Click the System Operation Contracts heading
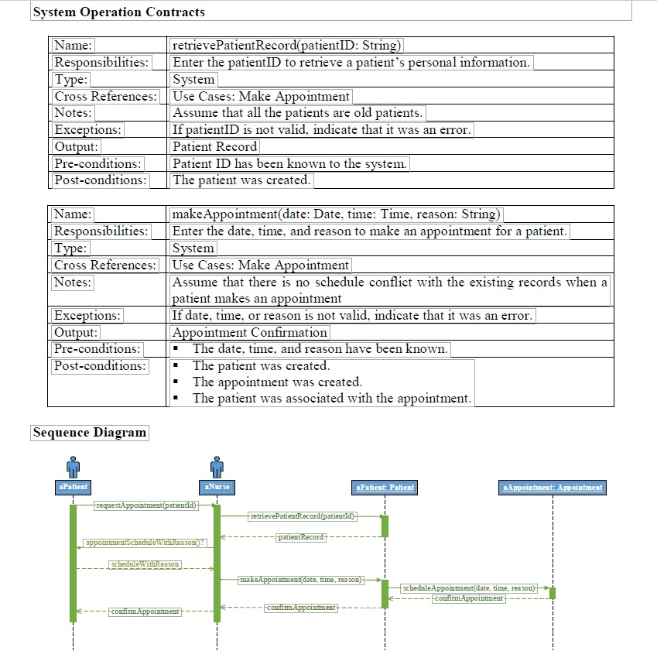[x=119, y=12]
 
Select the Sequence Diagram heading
[x=90, y=432]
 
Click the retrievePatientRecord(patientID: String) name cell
[x=286, y=46]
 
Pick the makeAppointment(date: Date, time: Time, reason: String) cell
[x=336, y=214]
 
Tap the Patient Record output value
[x=214, y=146]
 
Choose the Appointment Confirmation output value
[x=249, y=332]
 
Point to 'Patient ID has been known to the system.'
[x=289, y=163]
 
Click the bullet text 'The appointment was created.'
[x=277, y=382]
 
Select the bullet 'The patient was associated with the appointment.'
[x=331, y=398]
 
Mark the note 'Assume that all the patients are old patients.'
[x=297, y=113]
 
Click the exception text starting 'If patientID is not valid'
[x=321, y=130]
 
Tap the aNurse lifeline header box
[x=217, y=487]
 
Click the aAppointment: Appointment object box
[x=553, y=487]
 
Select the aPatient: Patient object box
[x=385, y=487]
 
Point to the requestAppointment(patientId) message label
[x=145, y=505]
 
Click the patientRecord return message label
[x=302, y=536]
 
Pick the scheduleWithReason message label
[x=145, y=564]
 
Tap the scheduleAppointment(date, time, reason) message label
[x=469, y=588]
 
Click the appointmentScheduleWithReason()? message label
[x=146, y=543]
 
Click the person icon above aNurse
[x=217, y=467]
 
